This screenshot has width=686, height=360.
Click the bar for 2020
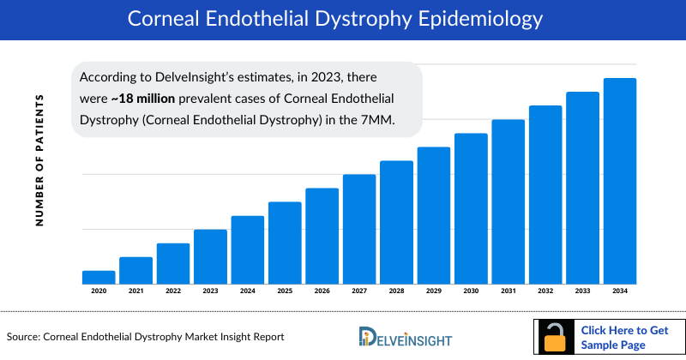pos(99,277)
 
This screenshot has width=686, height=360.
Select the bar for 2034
pos(620,181)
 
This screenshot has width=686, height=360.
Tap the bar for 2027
pos(359,229)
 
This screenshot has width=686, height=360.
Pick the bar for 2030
pos(471,208)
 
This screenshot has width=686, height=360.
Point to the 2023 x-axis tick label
pos(210,292)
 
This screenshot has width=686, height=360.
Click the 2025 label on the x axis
pos(285,292)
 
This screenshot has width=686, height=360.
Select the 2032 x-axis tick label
pos(545,292)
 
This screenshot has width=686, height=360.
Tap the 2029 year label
pos(434,292)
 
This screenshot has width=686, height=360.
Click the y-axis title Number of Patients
pos(39,160)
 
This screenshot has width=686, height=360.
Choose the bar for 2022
pos(173,263)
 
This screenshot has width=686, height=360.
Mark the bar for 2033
pos(582,188)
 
